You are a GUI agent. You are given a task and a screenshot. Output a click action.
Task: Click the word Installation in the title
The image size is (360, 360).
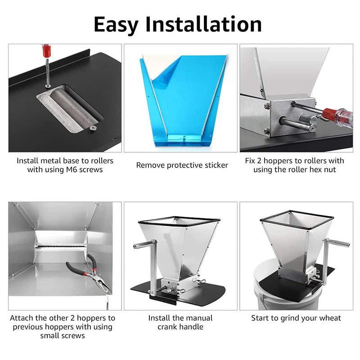click(x=204, y=24)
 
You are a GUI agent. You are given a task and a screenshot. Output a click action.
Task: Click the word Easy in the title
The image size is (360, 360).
click(x=116, y=26)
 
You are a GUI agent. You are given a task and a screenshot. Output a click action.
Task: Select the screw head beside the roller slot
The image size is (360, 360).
click(x=93, y=128)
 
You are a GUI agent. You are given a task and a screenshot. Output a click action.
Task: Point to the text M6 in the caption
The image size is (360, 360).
click(x=72, y=170)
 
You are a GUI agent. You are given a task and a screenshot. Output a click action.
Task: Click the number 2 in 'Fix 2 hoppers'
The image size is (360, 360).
click(x=259, y=161)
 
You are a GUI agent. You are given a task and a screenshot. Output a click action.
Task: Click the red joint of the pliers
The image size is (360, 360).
click(x=86, y=274)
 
